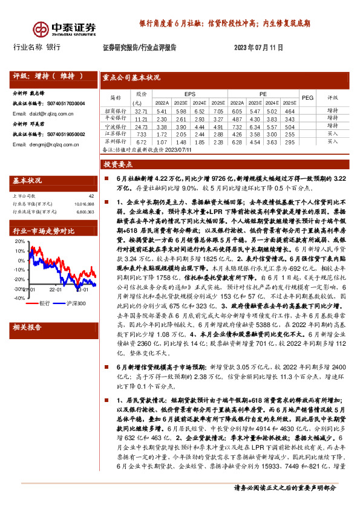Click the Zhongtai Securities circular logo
point(41,28)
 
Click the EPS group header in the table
point(190,94)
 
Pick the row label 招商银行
point(115,111)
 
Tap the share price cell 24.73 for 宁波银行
point(142,127)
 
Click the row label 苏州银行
point(115,141)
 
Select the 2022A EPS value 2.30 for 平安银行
point(162,119)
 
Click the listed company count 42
point(91,196)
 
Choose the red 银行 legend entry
point(41,302)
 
